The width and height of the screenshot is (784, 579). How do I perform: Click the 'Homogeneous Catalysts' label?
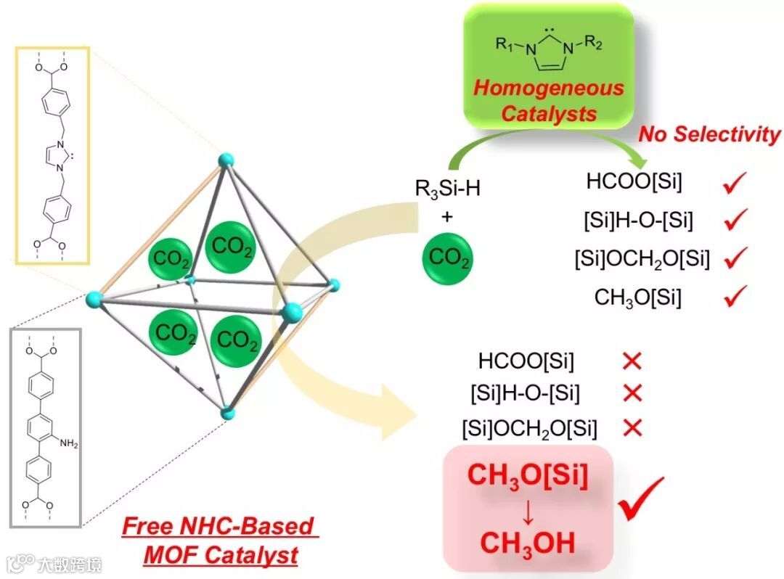tap(549, 101)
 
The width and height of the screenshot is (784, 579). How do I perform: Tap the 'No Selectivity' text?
tap(710, 134)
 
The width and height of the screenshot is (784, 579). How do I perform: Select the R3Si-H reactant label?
tap(448, 189)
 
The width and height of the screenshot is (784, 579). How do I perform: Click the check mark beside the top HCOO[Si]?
tap(735, 185)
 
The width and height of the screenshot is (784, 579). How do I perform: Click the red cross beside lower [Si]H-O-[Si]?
tap(633, 393)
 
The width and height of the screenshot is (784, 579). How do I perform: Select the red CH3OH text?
tap(528, 542)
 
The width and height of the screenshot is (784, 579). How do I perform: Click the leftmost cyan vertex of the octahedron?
tap(93, 298)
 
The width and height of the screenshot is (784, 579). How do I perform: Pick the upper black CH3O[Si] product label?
tap(637, 297)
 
